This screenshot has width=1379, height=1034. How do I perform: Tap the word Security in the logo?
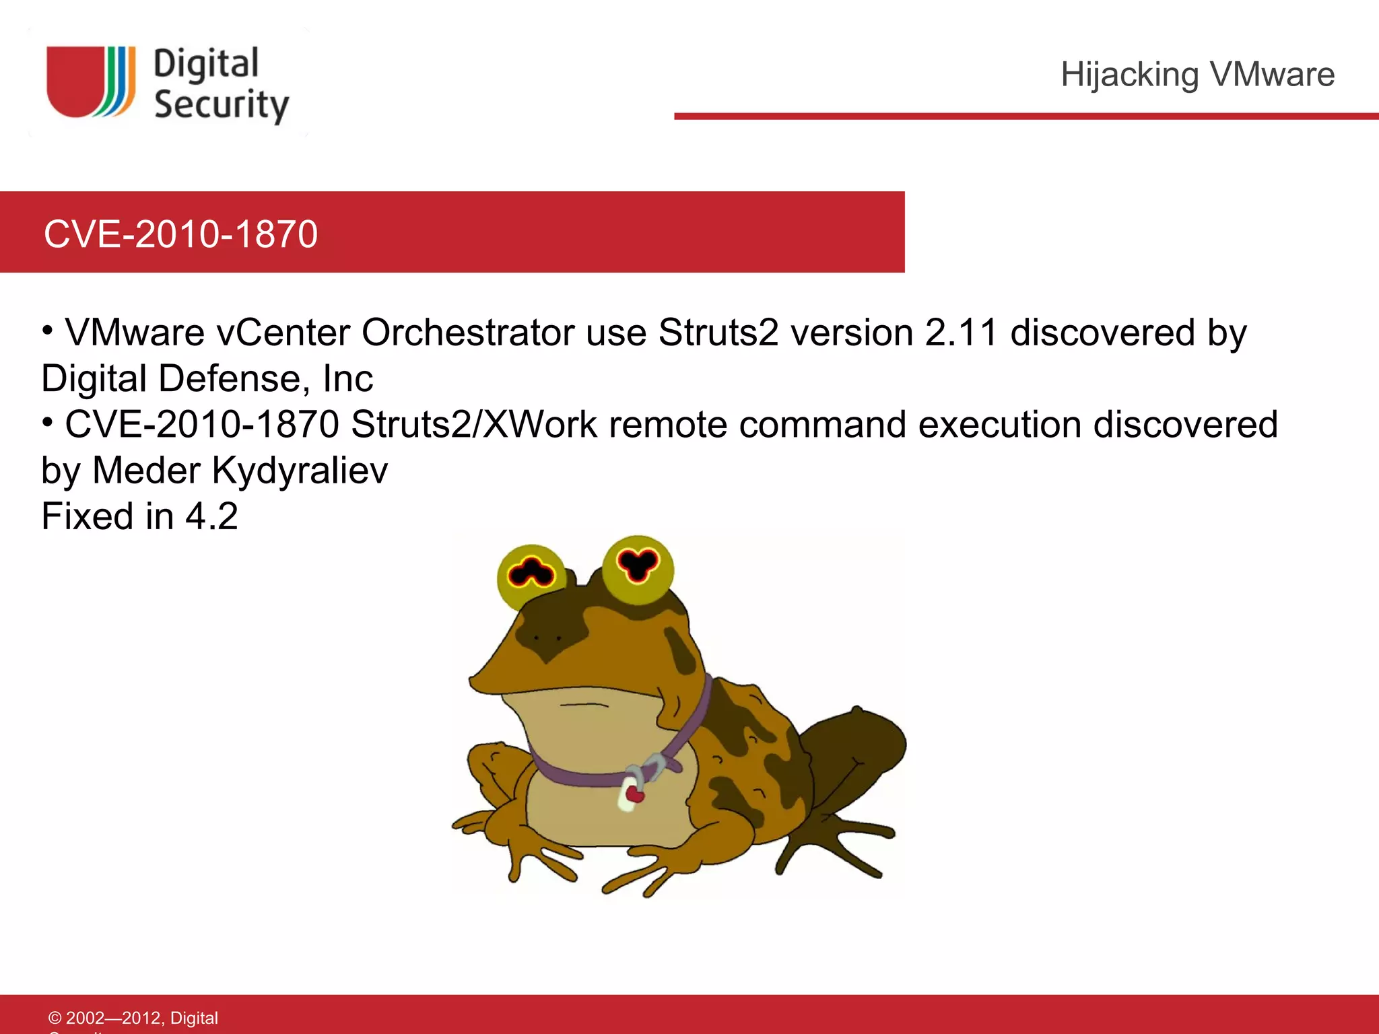pos(221,105)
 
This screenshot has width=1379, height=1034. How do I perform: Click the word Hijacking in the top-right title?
pos(1129,74)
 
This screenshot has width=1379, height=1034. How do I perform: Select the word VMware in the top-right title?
pos(1272,74)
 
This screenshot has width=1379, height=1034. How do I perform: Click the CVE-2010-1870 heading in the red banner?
pos(180,234)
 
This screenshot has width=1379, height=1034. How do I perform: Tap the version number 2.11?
pos(961,333)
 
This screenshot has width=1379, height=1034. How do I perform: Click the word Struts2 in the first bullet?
pos(718,333)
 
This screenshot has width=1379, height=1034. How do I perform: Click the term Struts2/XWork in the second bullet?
pos(473,424)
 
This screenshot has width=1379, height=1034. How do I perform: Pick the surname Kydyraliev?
pos(300,470)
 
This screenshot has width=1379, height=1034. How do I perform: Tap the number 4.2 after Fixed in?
pos(211,516)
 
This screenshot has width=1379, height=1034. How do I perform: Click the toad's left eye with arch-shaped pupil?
pos(531,574)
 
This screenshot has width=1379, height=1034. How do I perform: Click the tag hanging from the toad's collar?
pos(630,794)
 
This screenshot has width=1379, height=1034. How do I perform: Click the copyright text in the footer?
pos(133,1018)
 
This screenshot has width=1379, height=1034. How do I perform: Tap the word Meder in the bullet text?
pos(146,470)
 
